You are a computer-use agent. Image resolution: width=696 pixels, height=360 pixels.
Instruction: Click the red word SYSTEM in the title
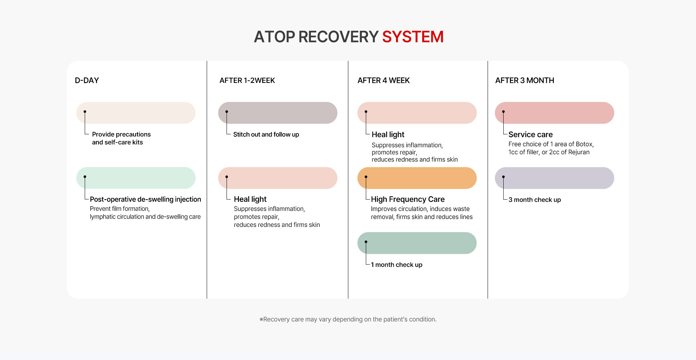[413, 37]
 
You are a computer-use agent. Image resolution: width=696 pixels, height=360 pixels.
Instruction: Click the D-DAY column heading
[87, 80]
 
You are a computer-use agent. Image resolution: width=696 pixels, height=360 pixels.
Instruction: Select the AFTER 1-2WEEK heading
[247, 80]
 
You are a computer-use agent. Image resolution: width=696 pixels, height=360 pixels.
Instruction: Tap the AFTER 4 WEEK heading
[384, 80]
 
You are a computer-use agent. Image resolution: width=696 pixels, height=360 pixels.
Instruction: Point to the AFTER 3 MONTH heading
[525, 80]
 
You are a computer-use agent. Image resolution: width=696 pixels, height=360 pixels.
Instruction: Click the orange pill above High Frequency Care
[417, 178]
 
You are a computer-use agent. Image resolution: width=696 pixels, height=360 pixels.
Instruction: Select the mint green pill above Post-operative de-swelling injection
[136, 178]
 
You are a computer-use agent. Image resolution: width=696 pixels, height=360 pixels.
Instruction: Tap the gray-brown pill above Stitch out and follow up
[278, 113]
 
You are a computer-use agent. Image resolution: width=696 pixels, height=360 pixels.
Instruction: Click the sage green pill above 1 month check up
[417, 243]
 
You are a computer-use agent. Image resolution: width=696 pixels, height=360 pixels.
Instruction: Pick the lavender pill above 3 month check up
[555, 178]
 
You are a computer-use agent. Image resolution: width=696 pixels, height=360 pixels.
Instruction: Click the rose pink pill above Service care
[555, 113]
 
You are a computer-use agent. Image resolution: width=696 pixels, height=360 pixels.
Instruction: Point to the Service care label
[531, 135]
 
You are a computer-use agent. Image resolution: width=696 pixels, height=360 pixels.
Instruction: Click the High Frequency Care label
[408, 199]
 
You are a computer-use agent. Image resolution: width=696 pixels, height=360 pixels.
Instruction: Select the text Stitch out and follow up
[266, 135]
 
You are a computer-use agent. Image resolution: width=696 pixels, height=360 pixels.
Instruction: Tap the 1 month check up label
[397, 265]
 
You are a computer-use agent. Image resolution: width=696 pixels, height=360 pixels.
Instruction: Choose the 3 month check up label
[535, 200]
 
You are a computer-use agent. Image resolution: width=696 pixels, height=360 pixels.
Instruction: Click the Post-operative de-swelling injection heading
[145, 199]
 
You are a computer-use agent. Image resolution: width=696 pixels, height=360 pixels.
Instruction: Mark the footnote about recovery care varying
[348, 319]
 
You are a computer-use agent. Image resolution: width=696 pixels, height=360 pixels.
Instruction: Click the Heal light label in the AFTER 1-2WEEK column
[250, 199]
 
